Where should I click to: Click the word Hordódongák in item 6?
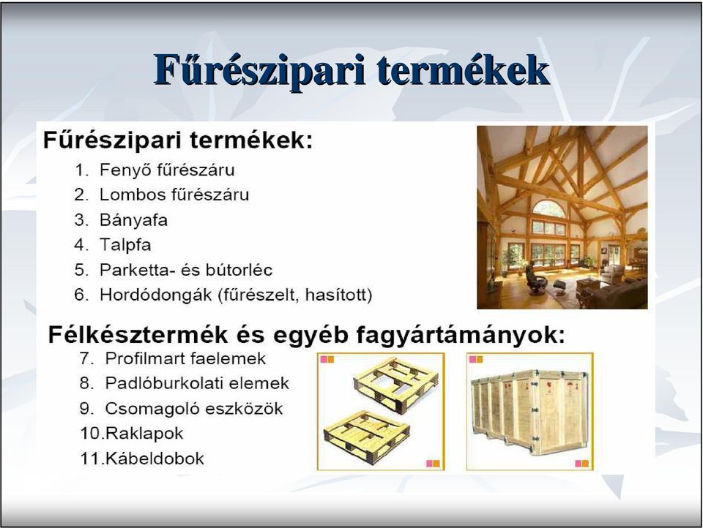(x=155, y=295)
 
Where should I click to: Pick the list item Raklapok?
(x=131, y=434)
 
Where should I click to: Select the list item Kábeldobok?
(x=142, y=459)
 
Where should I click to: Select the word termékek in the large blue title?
(x=463, y=70)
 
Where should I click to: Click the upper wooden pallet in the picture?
(x=395, y=385)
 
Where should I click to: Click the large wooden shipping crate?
(x=529, y=412)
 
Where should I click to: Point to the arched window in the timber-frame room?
(x=548, y=209)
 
